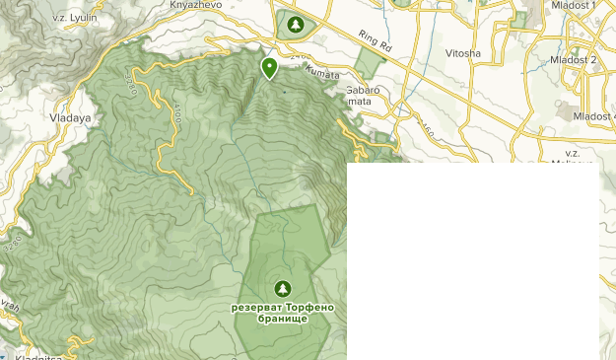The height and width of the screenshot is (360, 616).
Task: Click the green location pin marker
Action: click(269, 67)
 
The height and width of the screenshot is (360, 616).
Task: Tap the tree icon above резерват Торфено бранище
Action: click(283, 288)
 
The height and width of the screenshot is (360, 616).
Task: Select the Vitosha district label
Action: click(463, 52)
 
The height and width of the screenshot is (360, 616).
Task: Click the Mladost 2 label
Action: click(574, 60)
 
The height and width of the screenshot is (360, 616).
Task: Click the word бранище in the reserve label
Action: click(283, 319)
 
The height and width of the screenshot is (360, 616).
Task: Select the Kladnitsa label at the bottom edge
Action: click(33, 354)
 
